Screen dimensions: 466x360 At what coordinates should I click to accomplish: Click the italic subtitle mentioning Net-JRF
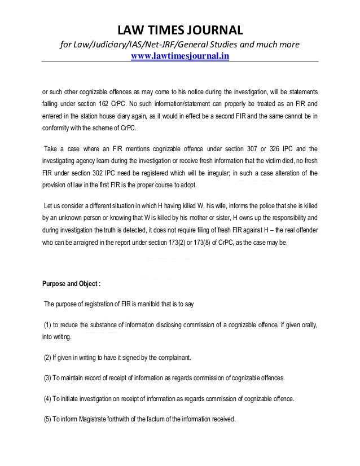pyautogui.click(x=180, y=44)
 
